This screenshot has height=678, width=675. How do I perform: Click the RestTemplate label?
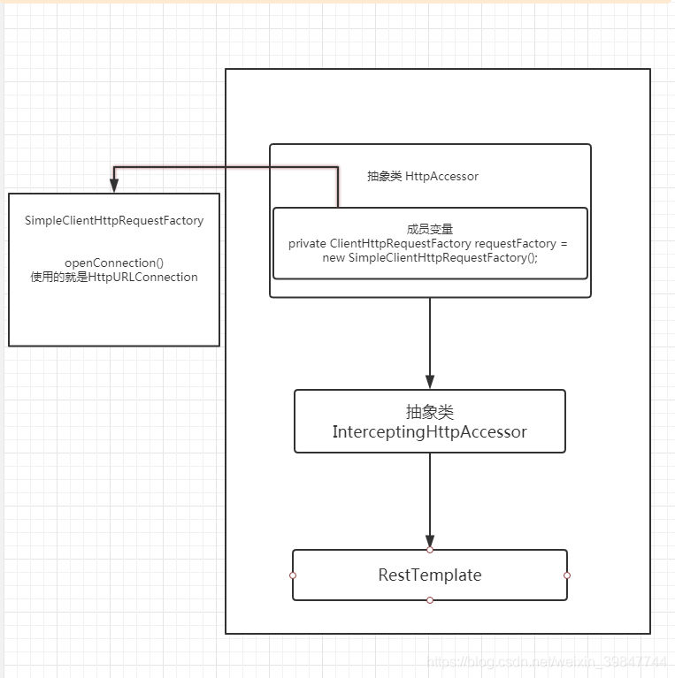tap(430, 575)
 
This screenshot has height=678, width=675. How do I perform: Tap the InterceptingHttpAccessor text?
tap(430, 432)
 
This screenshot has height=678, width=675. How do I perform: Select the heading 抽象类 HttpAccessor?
tap(423, 176)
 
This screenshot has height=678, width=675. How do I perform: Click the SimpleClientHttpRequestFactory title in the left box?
tap(114, 220)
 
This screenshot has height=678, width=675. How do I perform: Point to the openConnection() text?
tap(114, 263)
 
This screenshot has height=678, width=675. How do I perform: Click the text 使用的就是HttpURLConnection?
tap(114, 277)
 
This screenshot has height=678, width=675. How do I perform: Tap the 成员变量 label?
tap(430, 229)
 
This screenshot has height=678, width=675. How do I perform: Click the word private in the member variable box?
tap(307, 243)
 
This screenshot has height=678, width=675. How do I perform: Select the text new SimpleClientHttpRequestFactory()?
tap(430, 257)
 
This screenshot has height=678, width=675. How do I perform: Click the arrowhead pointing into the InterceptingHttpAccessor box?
tap(430, 382)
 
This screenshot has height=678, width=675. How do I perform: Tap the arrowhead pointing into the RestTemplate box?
tap(430, 541)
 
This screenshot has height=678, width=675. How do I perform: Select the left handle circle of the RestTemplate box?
tap(293, 575)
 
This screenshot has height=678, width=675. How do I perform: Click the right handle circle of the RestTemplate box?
tap(567, 575)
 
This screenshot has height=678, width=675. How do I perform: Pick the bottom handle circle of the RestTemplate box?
tap(430, 600)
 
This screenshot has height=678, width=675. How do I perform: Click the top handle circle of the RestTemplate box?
tap(430, 550)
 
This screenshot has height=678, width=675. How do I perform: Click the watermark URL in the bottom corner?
tap(547, 661)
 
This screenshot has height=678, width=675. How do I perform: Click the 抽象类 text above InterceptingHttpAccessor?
tap(430, 413)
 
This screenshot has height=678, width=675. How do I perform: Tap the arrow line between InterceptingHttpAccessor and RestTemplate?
tap(430, 495)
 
